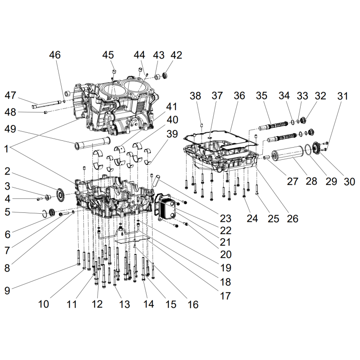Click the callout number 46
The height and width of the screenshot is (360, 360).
pos(55,55)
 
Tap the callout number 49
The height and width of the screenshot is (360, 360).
pos(10,129)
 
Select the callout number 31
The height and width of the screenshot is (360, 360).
pos(343,96)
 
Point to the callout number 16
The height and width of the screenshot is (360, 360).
pos(193,305)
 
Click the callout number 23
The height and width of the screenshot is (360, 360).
pos(225,218)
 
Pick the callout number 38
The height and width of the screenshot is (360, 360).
pos(195,96)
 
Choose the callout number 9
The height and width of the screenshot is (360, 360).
pos(7,291)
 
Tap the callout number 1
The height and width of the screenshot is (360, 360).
pos(6,149)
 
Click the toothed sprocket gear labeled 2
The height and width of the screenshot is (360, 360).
pos(60,195)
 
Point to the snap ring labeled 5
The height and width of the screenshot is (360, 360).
pos(45,213)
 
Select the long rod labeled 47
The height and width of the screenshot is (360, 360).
pos(47,104)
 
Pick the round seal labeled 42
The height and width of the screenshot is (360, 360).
pos(165,75)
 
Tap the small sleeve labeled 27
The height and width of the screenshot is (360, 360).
pos(266,157)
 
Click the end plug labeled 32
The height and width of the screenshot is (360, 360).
pos(303,120)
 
